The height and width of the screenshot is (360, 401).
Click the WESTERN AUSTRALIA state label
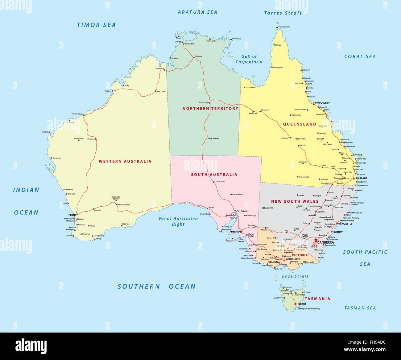point(125,161)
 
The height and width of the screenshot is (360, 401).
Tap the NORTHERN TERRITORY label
point(210,109)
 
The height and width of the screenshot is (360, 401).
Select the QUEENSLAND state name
point(300,124)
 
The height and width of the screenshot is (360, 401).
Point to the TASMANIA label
point(317,299)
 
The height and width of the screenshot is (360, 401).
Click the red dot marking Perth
point(77,214)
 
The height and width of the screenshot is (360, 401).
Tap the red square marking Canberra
point(316,241)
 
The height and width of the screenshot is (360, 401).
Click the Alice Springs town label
point(213,139)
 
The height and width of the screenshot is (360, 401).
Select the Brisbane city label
point(361,178)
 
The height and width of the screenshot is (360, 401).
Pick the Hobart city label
point(301,304)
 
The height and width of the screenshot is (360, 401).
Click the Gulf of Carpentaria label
point(249,59)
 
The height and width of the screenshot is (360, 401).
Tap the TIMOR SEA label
point(96,25)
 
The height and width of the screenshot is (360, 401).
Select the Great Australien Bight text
point(178,221)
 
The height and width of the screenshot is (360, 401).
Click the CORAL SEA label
point(360,56)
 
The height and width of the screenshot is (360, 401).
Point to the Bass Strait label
point(295,276)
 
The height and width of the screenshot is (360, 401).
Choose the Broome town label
point(108,91)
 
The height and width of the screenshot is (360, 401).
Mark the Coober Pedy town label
point(219,182)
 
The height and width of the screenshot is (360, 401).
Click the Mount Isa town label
point(253,114)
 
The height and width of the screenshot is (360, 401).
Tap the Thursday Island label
point(283,27)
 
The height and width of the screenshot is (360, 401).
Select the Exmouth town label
point(45,132)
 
